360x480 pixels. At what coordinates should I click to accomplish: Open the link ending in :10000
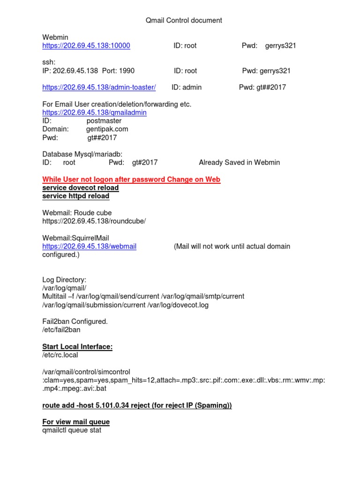86,46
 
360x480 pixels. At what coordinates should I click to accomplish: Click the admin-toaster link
99,87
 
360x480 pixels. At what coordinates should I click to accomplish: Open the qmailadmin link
94,112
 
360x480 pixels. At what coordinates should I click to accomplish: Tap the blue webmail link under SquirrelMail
89,247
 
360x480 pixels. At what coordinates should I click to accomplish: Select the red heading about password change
131,180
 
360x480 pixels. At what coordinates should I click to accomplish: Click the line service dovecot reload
80,188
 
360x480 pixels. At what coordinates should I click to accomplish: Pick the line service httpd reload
75,196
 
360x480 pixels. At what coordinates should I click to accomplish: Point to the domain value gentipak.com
107,129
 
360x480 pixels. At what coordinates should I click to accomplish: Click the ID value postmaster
104,121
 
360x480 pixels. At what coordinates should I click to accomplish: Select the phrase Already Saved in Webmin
239,163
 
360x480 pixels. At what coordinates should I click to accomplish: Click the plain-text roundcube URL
94,221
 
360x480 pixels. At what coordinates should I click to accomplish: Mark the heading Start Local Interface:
77,347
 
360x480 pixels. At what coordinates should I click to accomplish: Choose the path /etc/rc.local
60,355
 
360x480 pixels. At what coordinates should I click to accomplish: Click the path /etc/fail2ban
61,330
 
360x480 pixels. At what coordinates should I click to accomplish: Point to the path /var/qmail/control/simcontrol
86,372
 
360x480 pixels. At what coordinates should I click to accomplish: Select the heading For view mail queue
76,422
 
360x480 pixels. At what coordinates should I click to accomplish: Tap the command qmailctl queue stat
72,430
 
